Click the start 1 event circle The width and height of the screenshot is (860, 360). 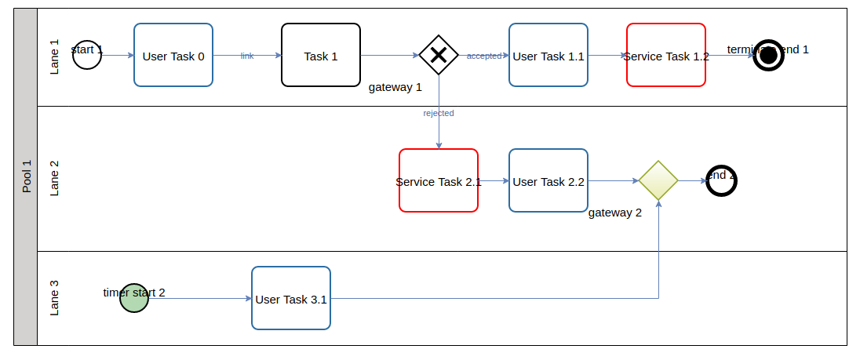(87, 55)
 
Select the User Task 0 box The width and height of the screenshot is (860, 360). (173, 55)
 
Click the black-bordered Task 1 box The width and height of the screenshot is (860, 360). (321, 55)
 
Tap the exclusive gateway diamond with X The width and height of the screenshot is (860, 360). (439, 55)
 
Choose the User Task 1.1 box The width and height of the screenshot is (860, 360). (548, 55)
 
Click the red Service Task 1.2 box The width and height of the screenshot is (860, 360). (666, 55)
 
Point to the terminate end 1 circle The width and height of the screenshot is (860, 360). (768, 55)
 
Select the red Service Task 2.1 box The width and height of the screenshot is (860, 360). (439, 180)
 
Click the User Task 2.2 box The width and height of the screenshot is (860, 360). (548, 180)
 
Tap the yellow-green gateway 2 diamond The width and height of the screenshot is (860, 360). (658, 180)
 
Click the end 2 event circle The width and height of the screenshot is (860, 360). (721, 180)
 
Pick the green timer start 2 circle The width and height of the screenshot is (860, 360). (134, 298)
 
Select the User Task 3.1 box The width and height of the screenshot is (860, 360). (291, 298)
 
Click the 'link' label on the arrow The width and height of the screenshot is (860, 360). (247, 56)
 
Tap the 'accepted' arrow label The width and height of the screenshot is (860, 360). (484, 56)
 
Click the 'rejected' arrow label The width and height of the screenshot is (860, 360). (439, 113)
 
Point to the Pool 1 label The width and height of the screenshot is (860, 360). (26, 176)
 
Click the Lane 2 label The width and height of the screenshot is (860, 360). (54, 178)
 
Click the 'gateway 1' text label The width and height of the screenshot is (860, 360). (395, 87)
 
